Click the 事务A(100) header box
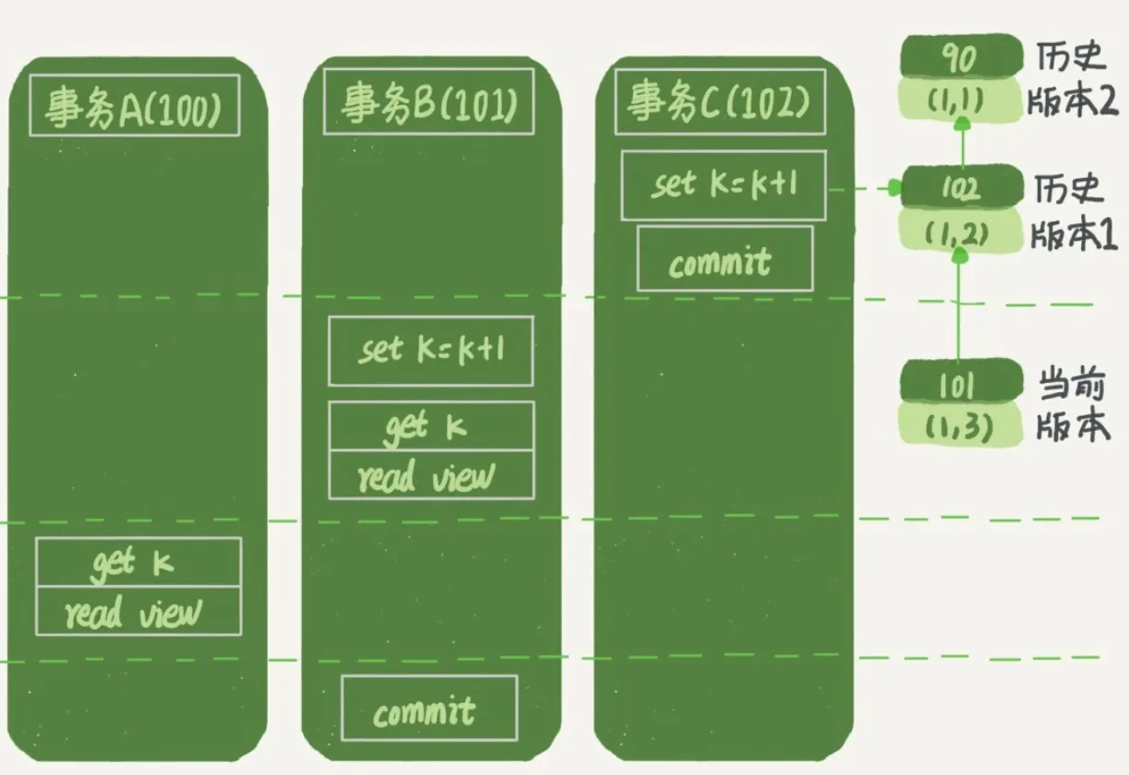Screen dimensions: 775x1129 [135, 106]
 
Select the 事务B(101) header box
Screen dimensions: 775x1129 [428, 103]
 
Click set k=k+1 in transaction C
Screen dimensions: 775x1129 [723, 185]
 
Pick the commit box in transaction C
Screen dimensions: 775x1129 [725, 259]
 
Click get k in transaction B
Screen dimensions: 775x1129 [430, 425]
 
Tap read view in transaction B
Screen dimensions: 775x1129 [430, 475]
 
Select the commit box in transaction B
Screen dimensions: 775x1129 [428, 708]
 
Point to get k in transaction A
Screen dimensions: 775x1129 [138, 563]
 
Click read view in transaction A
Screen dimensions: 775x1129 [138, 612]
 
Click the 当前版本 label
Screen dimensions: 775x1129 [1072, 406]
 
